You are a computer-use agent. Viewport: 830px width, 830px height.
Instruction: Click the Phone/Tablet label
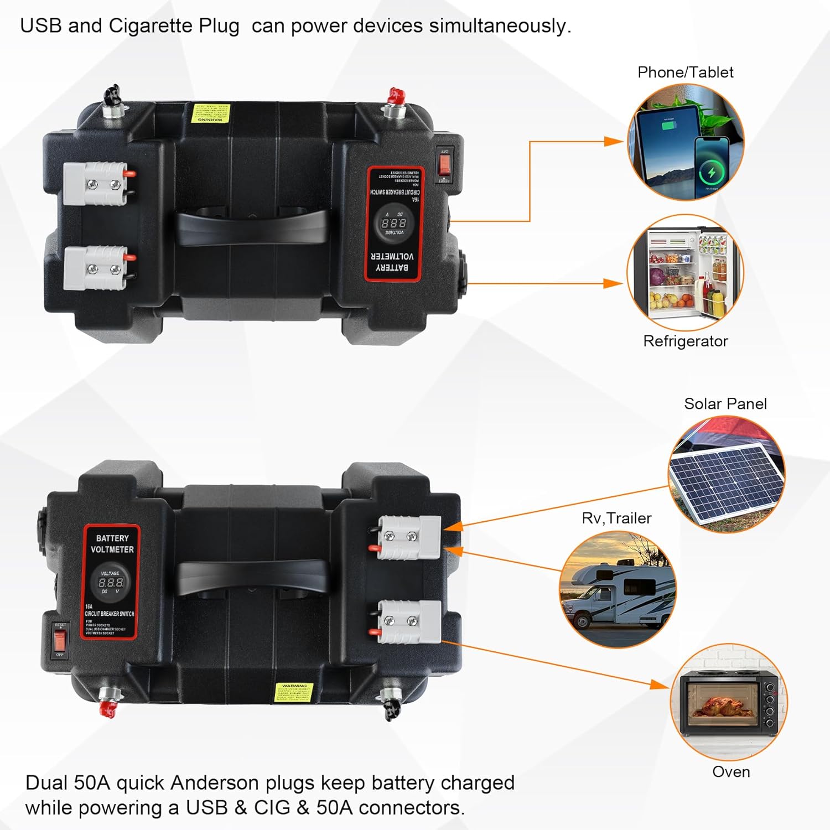[685, 72]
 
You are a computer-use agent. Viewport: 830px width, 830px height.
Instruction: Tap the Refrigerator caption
[685, 341]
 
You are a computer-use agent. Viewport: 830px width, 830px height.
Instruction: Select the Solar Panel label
[725, 404]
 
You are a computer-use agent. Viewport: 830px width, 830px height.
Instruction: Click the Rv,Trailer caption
[616, 518]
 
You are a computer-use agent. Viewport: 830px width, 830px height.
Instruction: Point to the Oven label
[731, 772]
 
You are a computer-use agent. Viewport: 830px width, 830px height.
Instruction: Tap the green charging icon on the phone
[712, 173]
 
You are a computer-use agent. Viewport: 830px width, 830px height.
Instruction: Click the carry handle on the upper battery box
[252, 227]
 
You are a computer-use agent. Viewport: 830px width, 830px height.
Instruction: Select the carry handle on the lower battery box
[252, 578]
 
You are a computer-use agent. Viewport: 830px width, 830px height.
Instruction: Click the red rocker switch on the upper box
[444, 164]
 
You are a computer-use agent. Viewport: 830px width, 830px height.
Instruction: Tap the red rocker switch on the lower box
[60, 640]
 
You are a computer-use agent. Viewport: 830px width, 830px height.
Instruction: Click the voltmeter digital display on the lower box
[111, 583]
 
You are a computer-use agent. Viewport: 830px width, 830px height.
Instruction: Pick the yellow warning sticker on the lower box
[294, 692]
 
